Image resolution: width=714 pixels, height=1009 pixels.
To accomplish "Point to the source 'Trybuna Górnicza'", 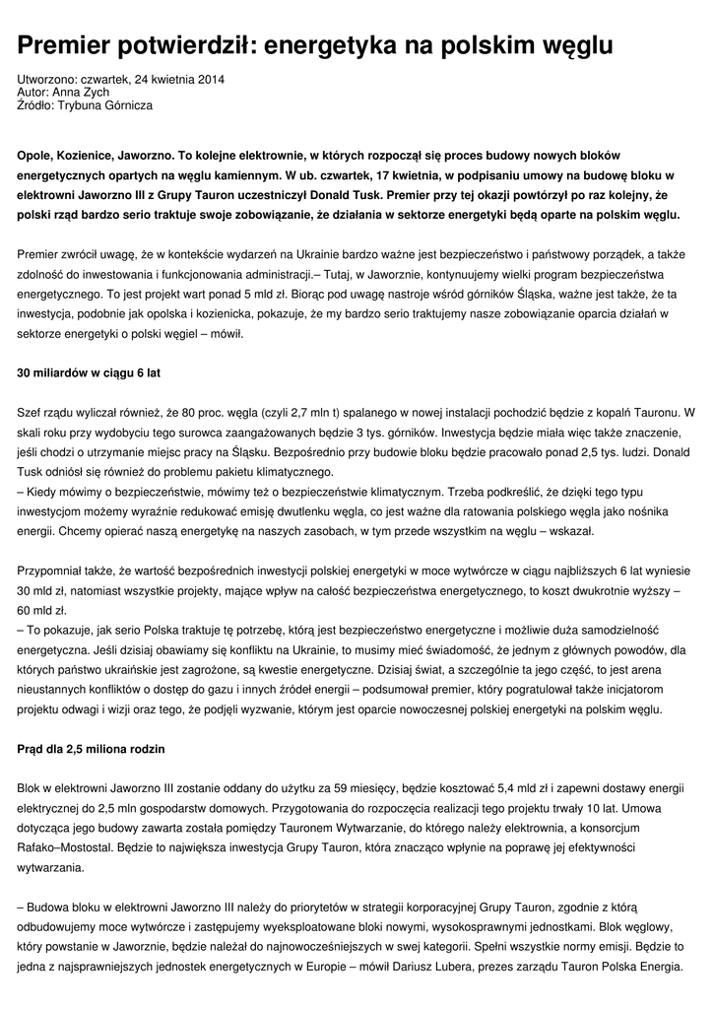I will pyautogui.click(x=105, y=104).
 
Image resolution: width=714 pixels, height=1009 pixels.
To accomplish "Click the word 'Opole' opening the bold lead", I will pyautogui.click(x=36, y=157).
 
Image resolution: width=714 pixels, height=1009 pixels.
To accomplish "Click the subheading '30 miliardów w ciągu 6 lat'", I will pyautogui.click(x=89, y=373).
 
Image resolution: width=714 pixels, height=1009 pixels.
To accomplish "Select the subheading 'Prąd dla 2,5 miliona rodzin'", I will pyautogui.click(x=92, y=750).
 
